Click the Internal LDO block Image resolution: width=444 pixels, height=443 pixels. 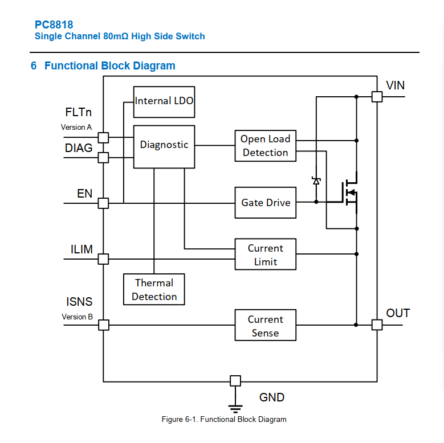pos(164,101)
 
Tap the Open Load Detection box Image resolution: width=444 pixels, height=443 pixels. pos(265,146)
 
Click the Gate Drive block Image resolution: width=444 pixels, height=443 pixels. pos(265,203)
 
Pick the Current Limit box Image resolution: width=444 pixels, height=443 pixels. pos(265,255)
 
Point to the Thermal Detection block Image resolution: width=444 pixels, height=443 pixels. pos(154,290)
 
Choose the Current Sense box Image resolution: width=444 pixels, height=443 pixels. pos(265,326)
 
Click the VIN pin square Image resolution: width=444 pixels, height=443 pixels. pos(377,97)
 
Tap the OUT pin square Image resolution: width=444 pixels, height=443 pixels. pos(377,325)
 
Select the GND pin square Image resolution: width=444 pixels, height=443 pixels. pos(235,381)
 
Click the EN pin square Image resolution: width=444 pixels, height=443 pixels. pos(103,203)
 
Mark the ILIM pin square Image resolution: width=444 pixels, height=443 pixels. pos(103,259)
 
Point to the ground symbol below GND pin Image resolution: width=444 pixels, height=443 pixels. pos(235,407)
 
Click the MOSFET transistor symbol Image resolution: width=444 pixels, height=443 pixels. pos(350,192)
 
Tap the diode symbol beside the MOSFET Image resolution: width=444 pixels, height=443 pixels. pos(316,181)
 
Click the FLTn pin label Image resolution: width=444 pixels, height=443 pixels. pos(78,113)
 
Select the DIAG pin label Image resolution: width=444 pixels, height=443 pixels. pos(79,148)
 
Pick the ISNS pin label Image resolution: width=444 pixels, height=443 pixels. pos(79,302)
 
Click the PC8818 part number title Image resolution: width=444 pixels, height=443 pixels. pos(54,25)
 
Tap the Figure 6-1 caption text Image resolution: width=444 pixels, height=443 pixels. pos(224,420)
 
